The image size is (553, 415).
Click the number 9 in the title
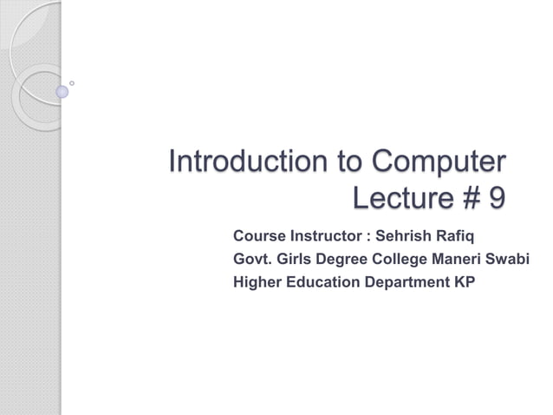coord(496,200)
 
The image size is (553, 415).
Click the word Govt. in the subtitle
coord(252,259)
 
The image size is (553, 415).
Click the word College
coord(403,259)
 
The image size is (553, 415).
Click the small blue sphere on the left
coord(62,90)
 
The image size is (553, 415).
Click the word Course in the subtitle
coord(259,235)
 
